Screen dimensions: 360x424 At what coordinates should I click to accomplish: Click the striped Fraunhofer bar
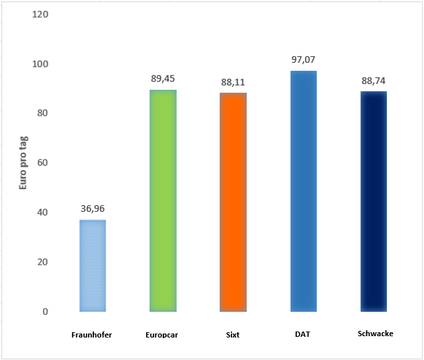tap(92, 265)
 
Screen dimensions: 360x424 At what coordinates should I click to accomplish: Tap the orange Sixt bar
tap(233, 202)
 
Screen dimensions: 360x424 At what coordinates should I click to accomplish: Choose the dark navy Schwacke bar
tap(374, 201)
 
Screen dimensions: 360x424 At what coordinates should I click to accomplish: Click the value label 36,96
tap(92, 209)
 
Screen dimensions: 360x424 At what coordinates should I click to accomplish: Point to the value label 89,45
tap(163, 79)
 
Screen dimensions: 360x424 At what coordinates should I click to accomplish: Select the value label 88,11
tap(233, 82)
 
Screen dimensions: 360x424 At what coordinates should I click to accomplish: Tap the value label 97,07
tap(304, 60)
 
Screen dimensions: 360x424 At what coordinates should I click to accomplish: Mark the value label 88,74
tap(374, 81)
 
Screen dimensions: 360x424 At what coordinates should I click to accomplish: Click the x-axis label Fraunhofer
tap(92, 335)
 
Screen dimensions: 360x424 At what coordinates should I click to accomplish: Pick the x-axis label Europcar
tap(163, 335)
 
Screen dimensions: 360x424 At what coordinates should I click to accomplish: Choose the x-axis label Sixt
tap(232, 335)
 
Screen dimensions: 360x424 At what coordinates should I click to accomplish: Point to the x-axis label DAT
tap(302, 334)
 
